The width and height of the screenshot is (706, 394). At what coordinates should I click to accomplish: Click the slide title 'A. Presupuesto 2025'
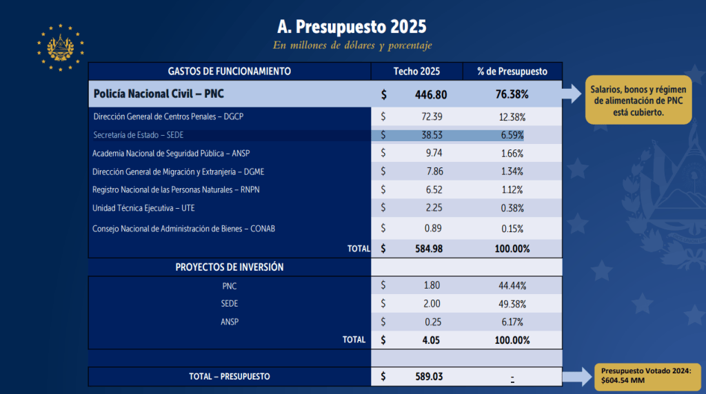click(x=352, y=27)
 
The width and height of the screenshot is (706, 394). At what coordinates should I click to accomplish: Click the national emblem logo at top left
click(x=61, y=48)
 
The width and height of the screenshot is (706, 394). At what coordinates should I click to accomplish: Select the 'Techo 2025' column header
click(x=416, y=71)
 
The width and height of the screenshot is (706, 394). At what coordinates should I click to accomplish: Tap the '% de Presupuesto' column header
click(x=512, y=71)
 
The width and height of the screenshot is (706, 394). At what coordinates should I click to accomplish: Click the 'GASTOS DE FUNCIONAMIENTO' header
click(x=230, y=71)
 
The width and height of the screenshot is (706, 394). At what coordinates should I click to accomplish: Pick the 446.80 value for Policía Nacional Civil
click(x=430, y=94)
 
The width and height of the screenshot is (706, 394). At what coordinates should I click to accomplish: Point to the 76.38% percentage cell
click(x=512, y=94)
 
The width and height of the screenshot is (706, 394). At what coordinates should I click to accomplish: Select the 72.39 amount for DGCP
click(x=432, y=117)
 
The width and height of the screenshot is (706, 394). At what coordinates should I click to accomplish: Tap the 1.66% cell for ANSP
click(x=512, y=154)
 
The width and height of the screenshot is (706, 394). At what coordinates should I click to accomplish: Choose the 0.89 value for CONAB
click(x=434, y=228)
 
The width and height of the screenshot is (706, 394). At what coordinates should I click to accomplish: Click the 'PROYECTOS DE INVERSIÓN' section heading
click(x=230, y=267)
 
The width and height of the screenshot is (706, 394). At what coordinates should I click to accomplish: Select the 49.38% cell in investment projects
click(x=512, y=303)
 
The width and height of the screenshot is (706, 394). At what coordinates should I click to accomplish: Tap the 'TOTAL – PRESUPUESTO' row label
click(x=230, y=377)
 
